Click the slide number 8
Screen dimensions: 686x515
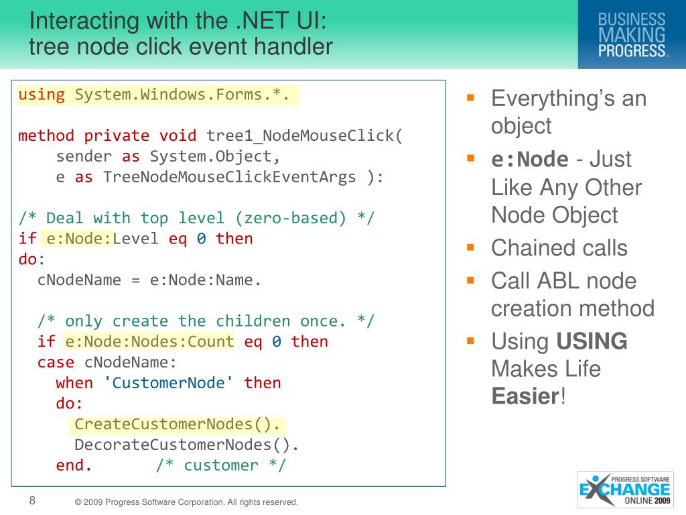[x=31, y=500]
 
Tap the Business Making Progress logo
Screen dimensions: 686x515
[x=632, y=35]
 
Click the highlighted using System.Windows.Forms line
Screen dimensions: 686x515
[x=158, y=95]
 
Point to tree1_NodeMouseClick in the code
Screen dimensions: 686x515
[x=305, y=136]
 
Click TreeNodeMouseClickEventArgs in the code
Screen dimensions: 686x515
[x=229, y=177]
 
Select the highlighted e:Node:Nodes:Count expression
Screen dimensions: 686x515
[x=149, y=341]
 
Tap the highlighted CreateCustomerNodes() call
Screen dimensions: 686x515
[x=178, y=424]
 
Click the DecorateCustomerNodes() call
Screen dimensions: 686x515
[x=186, y=445]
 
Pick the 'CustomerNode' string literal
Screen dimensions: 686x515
[x=168, y=383]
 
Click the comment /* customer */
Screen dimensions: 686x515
[x=221, y=465]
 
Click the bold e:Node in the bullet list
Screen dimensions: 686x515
[x=529, y=160]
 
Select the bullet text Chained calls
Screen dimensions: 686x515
[x=559, y=248]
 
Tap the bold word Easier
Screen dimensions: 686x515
[x=525, y=396]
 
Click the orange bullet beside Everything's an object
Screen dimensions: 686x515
[x=470, y=97]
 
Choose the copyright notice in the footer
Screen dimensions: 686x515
[x=186, y=502]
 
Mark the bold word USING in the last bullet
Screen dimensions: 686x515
[x=592, y=341]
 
